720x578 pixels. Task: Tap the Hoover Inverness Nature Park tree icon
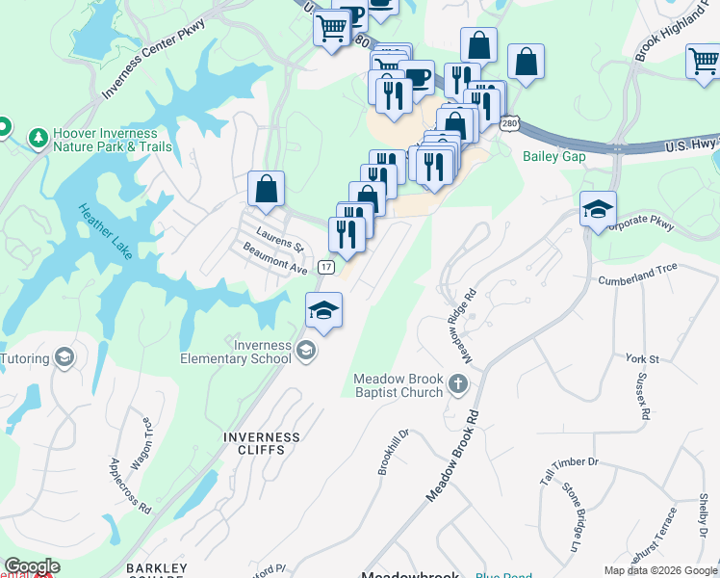(39, 139)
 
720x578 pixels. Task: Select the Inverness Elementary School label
(236, 352)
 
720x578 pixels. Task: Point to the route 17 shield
(326, 266)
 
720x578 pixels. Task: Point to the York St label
(641, 358)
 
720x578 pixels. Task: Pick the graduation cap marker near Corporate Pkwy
(598, 208)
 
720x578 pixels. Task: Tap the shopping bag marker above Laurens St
(266, 189)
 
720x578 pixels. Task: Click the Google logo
(32, 566)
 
